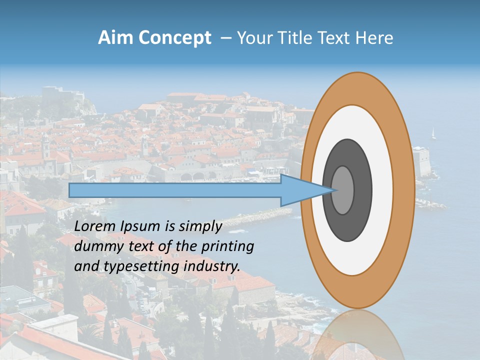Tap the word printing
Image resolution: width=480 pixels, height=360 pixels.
228,246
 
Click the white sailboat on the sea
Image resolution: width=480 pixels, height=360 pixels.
433,133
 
